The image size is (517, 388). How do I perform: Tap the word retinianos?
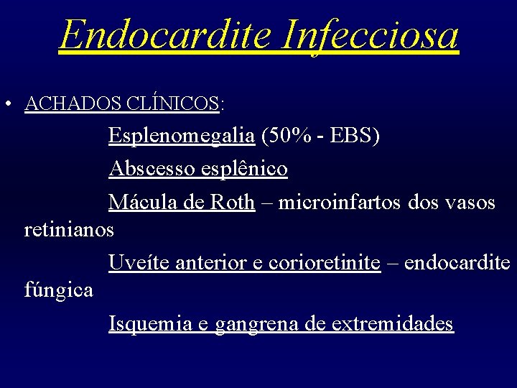[69, 230]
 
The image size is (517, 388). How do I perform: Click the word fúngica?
[58, 290]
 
